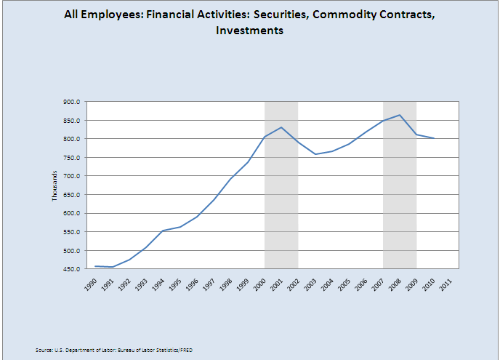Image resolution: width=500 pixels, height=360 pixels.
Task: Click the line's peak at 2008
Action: tap(400, 115)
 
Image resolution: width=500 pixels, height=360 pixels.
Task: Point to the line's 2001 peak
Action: tap(281, 127)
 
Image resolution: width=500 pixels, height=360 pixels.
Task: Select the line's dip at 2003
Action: tap(315, 154)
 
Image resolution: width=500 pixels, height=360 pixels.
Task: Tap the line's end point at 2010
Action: tap(434, 138)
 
